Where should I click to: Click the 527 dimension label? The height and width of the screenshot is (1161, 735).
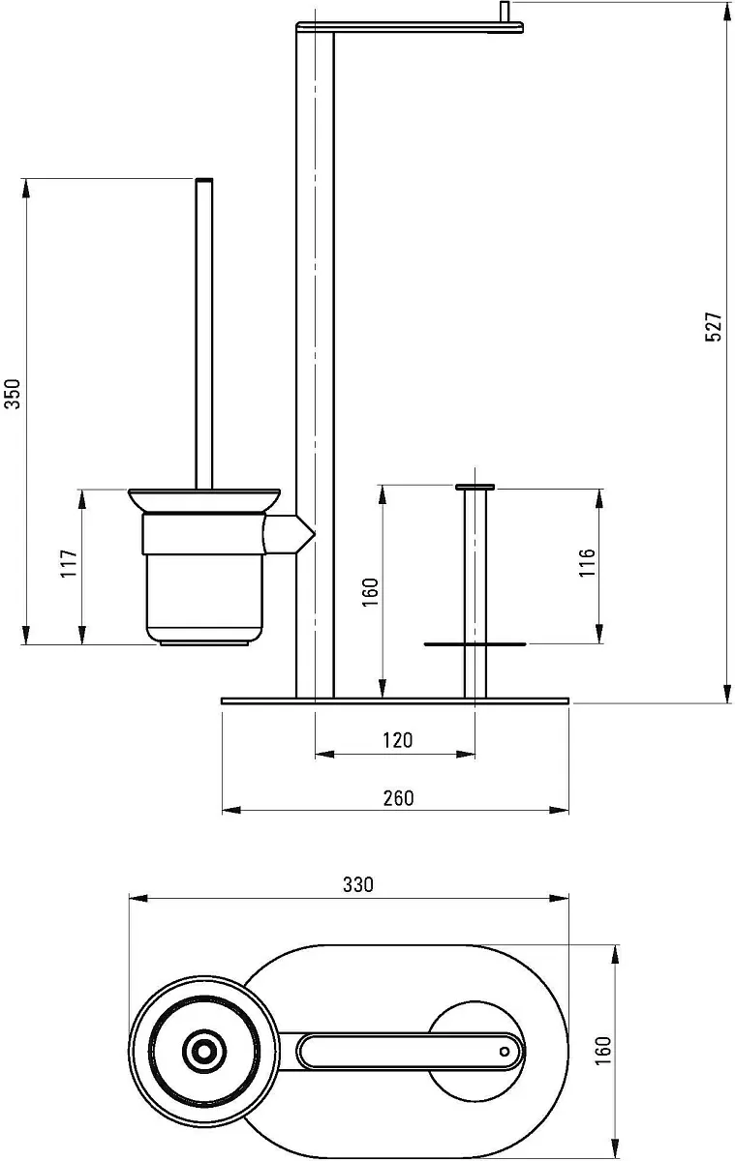tap(714, 326)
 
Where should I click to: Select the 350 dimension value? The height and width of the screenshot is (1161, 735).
tap(13, 394)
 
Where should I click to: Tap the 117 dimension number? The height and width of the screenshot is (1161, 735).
tap(69, 564)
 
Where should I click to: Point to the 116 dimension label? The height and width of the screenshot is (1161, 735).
tap(587, 562)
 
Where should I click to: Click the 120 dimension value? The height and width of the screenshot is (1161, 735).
tap(398, 740)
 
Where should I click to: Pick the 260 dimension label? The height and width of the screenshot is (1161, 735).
tap(398, 798)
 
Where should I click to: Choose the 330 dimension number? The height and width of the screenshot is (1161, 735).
tap(358, 884)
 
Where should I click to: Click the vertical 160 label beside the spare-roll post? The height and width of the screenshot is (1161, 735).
tap(370, 592)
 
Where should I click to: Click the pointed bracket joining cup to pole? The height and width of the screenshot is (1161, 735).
tap(289, 534)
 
